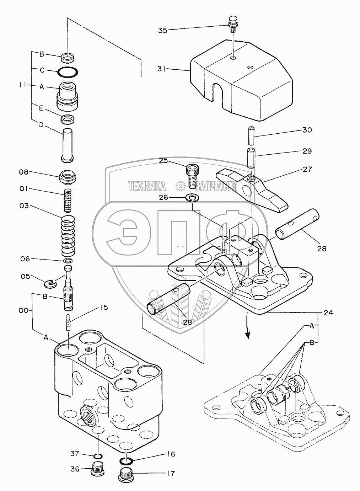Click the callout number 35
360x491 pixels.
point(162,30)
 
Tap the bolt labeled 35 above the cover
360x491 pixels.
point(233,22)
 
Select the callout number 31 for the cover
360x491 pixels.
point(162,69)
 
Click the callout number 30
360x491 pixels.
point(307,130)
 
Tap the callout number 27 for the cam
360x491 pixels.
point(307,169)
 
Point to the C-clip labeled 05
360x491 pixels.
point(52,283)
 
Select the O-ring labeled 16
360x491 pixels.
point(125,461)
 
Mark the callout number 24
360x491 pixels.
point(328,313)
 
